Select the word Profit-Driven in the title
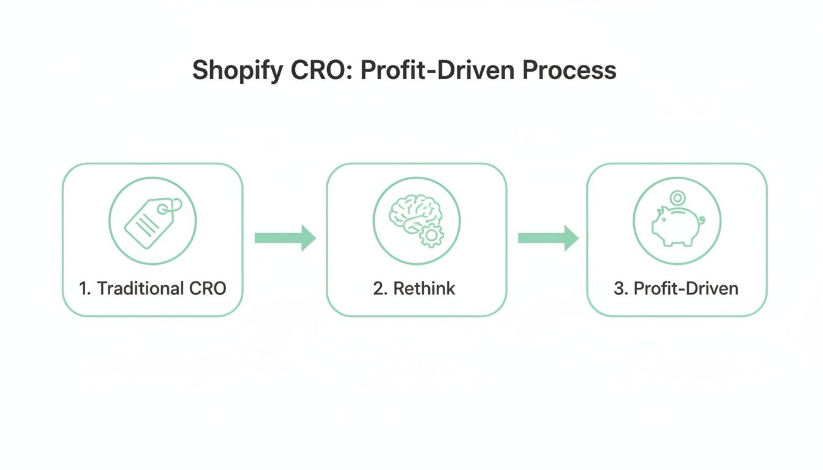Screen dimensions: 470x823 point(437,71)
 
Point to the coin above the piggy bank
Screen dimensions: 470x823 point(677,198)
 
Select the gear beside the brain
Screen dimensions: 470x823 point(432,236)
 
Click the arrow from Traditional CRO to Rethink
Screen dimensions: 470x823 point(285,237)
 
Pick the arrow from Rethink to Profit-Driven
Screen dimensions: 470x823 point(548,237)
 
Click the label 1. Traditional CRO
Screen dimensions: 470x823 point(152,288)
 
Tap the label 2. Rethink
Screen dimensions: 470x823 point(415,288)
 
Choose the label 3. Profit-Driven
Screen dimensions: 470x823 point(676,288)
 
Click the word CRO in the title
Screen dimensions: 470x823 point(320,71)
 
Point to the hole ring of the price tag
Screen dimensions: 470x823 point(163,209)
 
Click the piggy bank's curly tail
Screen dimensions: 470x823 point(701,218)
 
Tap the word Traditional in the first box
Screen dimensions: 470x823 point(140,288)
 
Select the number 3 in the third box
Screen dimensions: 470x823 point(618,288)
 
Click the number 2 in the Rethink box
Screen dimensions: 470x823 point(378,288)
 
